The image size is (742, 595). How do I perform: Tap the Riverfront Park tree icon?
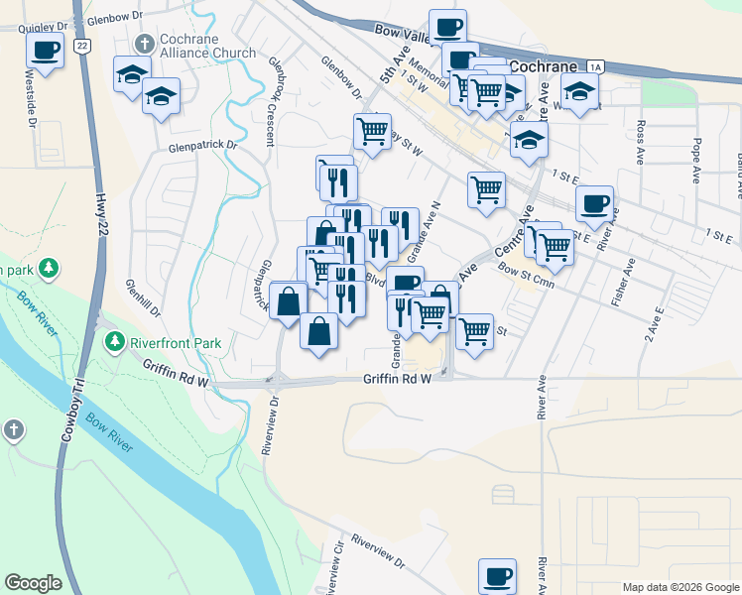[115, 342]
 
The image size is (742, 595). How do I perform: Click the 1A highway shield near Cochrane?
[595, 66]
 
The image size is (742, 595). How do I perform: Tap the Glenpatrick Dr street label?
[203, 145]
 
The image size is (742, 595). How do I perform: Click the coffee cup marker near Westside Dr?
[46, 49]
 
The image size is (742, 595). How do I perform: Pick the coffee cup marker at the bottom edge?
[497, 575]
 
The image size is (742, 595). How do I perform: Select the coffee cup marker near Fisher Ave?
[593, 203]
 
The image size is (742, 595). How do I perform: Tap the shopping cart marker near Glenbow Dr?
[371, 130]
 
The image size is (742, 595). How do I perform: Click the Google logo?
[34, 582]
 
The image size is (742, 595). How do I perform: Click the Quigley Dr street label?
[43, 28]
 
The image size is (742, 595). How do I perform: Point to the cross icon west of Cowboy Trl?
[13, 430]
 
